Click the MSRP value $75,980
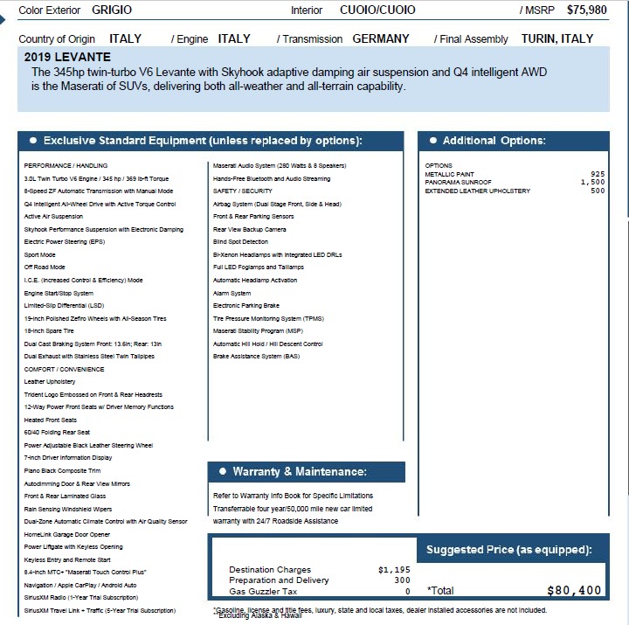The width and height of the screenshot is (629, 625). [586, 10]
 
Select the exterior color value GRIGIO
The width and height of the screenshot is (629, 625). [112, 10]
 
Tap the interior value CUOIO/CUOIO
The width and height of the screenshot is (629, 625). [377, 10]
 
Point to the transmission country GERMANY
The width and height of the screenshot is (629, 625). [381, 39]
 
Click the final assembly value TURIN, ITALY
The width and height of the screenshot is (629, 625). [557, 39]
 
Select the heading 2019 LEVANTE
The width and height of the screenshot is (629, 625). [68, 57]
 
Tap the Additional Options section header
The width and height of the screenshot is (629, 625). [494, 141]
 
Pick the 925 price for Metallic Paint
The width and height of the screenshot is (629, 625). [598, 174]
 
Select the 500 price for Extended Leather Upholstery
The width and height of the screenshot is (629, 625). [598, 191]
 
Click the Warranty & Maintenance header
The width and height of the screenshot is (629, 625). [300, 472]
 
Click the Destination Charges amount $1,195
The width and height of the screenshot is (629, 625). [394, 570]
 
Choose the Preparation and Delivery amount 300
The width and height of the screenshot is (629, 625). [402, 580]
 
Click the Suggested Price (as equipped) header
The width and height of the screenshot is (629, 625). [508, 550]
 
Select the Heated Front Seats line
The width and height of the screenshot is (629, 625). [51, 420]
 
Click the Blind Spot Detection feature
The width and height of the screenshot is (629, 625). [241, 242]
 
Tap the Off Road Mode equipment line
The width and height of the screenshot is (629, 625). [45, 267]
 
